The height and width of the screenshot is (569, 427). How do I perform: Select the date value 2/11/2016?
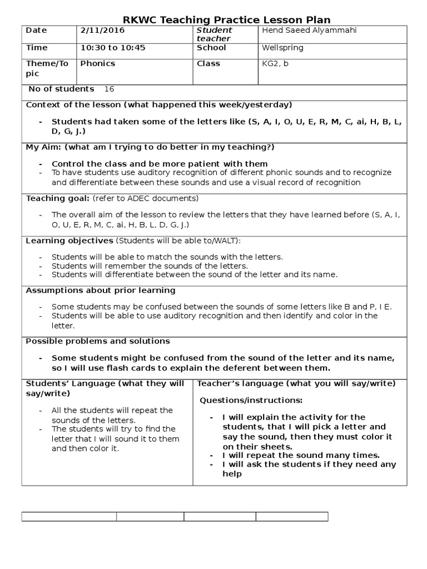[102, 30]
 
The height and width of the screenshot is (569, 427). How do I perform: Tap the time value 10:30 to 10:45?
[113, 48]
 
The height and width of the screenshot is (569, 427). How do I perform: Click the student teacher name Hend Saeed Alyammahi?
[309, 30]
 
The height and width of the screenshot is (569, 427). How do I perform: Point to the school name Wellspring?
[282, 48]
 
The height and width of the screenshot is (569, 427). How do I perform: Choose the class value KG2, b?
[275, 63]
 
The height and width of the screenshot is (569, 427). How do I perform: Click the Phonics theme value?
[98, 63]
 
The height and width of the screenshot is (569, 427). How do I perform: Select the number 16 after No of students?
[109, 89]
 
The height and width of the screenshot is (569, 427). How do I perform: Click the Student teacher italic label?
[214, 34]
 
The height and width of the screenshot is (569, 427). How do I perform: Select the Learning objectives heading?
[69, 240]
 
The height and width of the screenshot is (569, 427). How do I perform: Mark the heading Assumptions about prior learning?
[101, 290]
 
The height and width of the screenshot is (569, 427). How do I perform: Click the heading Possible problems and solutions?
[98, 341]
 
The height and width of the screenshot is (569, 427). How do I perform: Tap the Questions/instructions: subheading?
[251, 400]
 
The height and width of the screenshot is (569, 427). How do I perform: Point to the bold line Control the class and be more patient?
[160, 164]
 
